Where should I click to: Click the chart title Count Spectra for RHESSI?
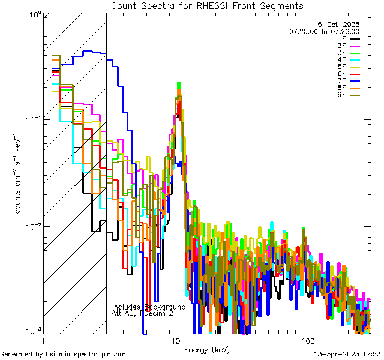[x=207, y=5]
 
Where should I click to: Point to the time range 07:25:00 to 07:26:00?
[x=324, y=32]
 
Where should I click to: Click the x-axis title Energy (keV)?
[x=207, y=349]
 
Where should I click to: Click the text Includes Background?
[x=149, y=307]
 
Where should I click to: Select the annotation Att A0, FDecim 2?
[x=143, y=313]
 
